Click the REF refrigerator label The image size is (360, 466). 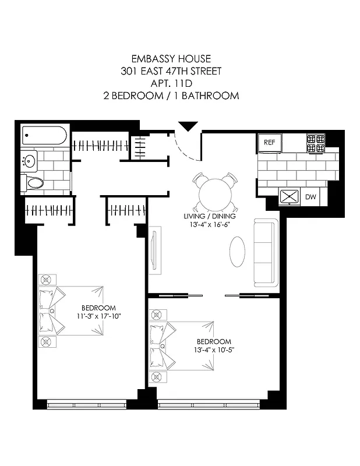[x=269, y=142]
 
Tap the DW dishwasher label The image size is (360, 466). [x=310, y=197]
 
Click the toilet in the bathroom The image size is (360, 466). [x=34, y=183]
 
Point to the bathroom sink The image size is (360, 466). [x=29, y=159]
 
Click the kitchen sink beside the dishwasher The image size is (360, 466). [x=289, y=197]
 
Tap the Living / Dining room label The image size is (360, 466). [x=211, y=217]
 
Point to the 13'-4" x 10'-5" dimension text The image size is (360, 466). [x=214, y=349]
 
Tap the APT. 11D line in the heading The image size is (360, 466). [x=179, y=83]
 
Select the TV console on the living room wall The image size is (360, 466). [x=154, y=250]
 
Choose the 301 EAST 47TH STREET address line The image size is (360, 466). [x=179, y=71]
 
